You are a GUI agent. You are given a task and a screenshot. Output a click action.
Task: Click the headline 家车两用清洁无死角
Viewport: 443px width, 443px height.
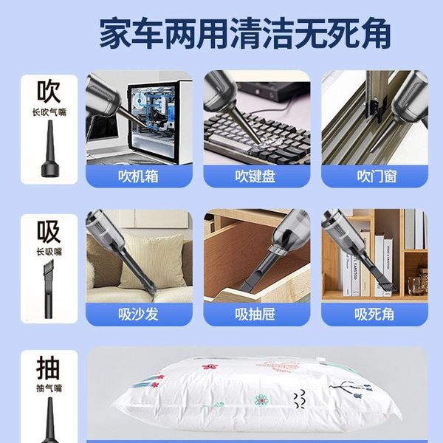(245, 33)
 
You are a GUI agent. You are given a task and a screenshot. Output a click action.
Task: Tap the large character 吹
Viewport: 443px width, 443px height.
(49, 92)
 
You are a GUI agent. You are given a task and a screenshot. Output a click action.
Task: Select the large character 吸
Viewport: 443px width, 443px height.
(49, 232)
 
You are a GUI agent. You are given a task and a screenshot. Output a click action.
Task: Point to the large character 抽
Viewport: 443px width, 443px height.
(49, 368)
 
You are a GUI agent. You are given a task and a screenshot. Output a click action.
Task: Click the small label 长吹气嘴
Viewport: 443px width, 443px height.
(49, 112)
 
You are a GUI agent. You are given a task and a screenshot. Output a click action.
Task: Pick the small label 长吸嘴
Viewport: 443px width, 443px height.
(49, 252)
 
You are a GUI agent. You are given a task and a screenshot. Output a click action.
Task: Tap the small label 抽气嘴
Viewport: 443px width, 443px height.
(49, 388)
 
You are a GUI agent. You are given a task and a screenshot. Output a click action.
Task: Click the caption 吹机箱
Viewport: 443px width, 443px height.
(139, 176)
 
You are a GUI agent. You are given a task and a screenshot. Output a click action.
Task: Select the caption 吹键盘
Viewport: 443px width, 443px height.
(255, 176)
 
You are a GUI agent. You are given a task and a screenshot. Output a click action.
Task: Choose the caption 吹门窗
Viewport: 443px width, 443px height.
(377, 176)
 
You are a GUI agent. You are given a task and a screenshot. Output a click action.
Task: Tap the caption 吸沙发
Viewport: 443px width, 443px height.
(139, 315)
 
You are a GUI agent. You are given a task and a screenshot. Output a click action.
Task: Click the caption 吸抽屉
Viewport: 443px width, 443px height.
(255, 315)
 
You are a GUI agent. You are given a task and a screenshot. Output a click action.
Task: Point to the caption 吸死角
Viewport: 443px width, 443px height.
(374, 315)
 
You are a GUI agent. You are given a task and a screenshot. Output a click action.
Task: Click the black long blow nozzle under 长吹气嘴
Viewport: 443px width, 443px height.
(50, 149)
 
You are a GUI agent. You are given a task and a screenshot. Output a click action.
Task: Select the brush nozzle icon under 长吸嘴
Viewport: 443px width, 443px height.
(49, 289)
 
